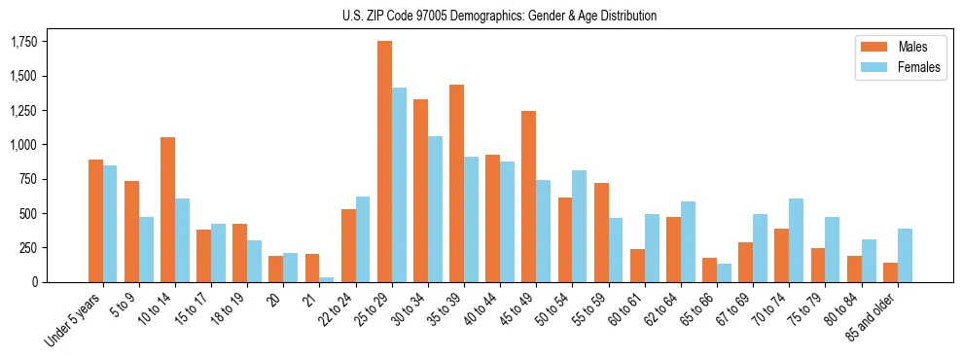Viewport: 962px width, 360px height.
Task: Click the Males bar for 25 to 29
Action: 384,162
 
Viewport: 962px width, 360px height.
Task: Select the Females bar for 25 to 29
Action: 399,185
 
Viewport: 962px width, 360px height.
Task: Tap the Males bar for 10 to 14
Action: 167,209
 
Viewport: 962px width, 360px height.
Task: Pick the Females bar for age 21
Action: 327,279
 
